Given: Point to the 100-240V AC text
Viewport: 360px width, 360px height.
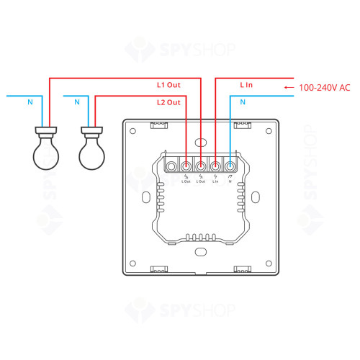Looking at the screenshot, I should coord(324,87).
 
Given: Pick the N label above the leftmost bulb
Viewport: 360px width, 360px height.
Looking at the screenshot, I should coord(30,103).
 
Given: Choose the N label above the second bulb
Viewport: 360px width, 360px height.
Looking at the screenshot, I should coord(77,103).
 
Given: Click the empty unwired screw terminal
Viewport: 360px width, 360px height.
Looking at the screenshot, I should coord(173,166).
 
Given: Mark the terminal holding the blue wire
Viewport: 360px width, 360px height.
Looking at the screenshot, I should coord(230,166).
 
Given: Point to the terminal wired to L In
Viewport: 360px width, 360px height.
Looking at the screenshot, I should coord(215,166).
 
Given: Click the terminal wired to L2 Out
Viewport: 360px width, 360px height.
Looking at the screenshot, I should coord(187,166).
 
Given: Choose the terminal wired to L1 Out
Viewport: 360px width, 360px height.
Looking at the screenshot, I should coord(201,166).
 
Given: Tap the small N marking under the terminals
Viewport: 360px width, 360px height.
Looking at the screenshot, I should coord(230,181).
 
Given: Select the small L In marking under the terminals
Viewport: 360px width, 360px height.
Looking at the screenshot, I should coord(215,181).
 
